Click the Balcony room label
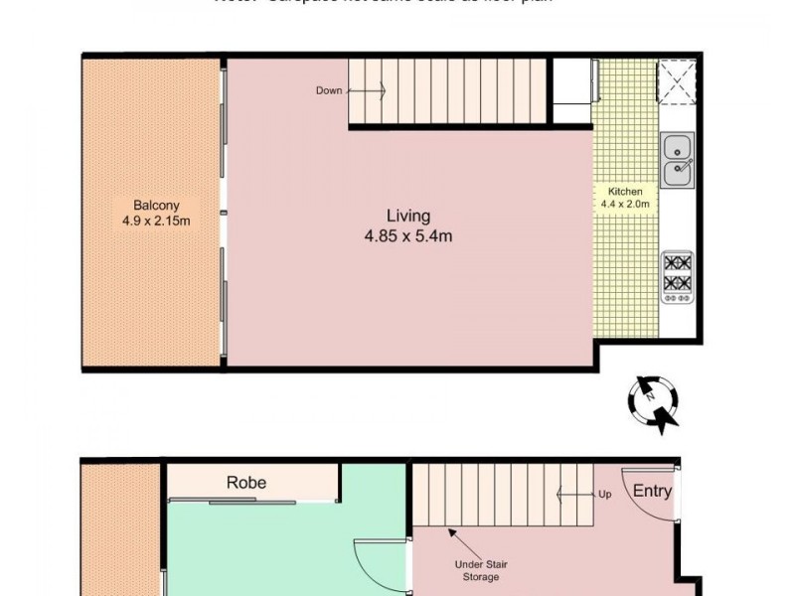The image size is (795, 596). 138,206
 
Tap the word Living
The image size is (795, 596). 408,216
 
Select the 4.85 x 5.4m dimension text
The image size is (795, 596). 408,236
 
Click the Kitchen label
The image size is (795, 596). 625,191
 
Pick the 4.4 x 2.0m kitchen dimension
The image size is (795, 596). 625,205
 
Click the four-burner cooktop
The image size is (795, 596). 678,274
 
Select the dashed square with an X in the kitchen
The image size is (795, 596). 676,81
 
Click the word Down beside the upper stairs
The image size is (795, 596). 329,90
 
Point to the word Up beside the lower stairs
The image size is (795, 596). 603,493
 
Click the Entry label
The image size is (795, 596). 652,491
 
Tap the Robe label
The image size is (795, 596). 246,483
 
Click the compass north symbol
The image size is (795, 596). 653,401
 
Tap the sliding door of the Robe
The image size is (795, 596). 251,503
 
